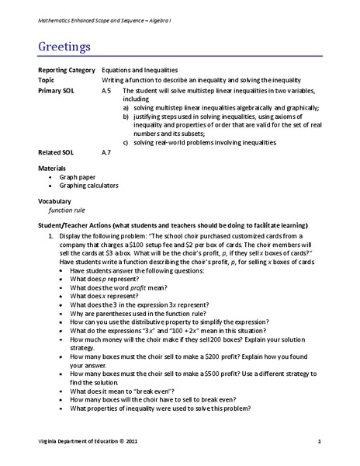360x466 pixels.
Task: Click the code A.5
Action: pos(106,90)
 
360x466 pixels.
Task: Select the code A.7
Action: pos(106,152)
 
